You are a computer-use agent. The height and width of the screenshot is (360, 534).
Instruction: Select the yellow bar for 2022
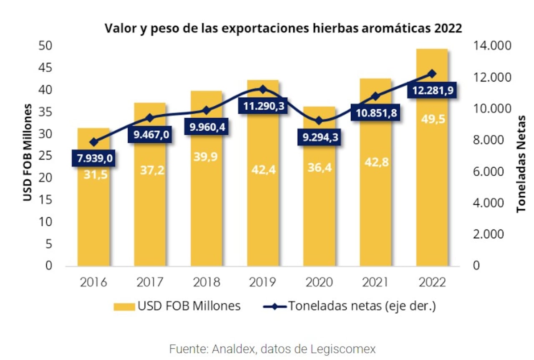pos(432,188)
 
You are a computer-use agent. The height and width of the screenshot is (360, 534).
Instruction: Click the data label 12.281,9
pos(432,90)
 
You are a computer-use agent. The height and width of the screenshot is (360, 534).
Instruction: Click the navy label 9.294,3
pos(319,136)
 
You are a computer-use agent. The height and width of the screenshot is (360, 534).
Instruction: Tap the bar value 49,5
pos(432,119)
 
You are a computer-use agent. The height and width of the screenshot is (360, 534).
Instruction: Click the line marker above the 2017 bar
pos(150,117)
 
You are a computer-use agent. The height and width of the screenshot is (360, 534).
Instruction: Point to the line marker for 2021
pos(375,96)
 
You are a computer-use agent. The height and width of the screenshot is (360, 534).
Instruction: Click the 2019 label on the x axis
pos(263,282)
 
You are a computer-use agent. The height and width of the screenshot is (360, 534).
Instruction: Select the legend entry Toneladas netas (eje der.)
pos(361,306)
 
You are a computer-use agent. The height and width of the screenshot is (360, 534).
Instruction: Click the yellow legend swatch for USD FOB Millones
pos(124,307)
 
